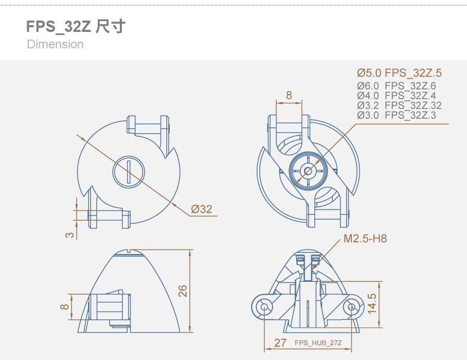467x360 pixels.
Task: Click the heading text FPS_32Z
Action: point(59,27)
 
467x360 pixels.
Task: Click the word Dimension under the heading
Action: point(55,44)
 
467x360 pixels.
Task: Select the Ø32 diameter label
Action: point(202,209)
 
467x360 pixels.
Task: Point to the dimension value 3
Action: point(69,235)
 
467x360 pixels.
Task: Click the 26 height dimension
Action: point(183,291)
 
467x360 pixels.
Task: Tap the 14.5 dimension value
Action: point(372,304)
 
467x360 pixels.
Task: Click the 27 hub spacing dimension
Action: point(280,343)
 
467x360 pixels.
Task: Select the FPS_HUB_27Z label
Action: point(318,343)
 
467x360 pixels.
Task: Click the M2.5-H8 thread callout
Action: point(365,239)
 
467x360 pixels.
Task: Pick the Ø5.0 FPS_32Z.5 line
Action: point(400,73)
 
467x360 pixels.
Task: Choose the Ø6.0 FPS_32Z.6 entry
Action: point(397,86)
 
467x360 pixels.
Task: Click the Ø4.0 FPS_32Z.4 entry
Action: point(397,96)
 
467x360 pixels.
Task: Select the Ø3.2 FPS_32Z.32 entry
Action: point(400,105)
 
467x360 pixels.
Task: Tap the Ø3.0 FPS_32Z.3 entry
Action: point(397,115)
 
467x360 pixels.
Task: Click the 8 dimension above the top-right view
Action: point(289,95)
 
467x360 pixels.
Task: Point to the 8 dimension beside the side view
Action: point(65,307)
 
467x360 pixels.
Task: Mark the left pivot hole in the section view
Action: point(264,307)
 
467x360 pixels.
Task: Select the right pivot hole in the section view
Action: point(351,307)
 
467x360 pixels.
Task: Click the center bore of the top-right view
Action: point(308,171)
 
